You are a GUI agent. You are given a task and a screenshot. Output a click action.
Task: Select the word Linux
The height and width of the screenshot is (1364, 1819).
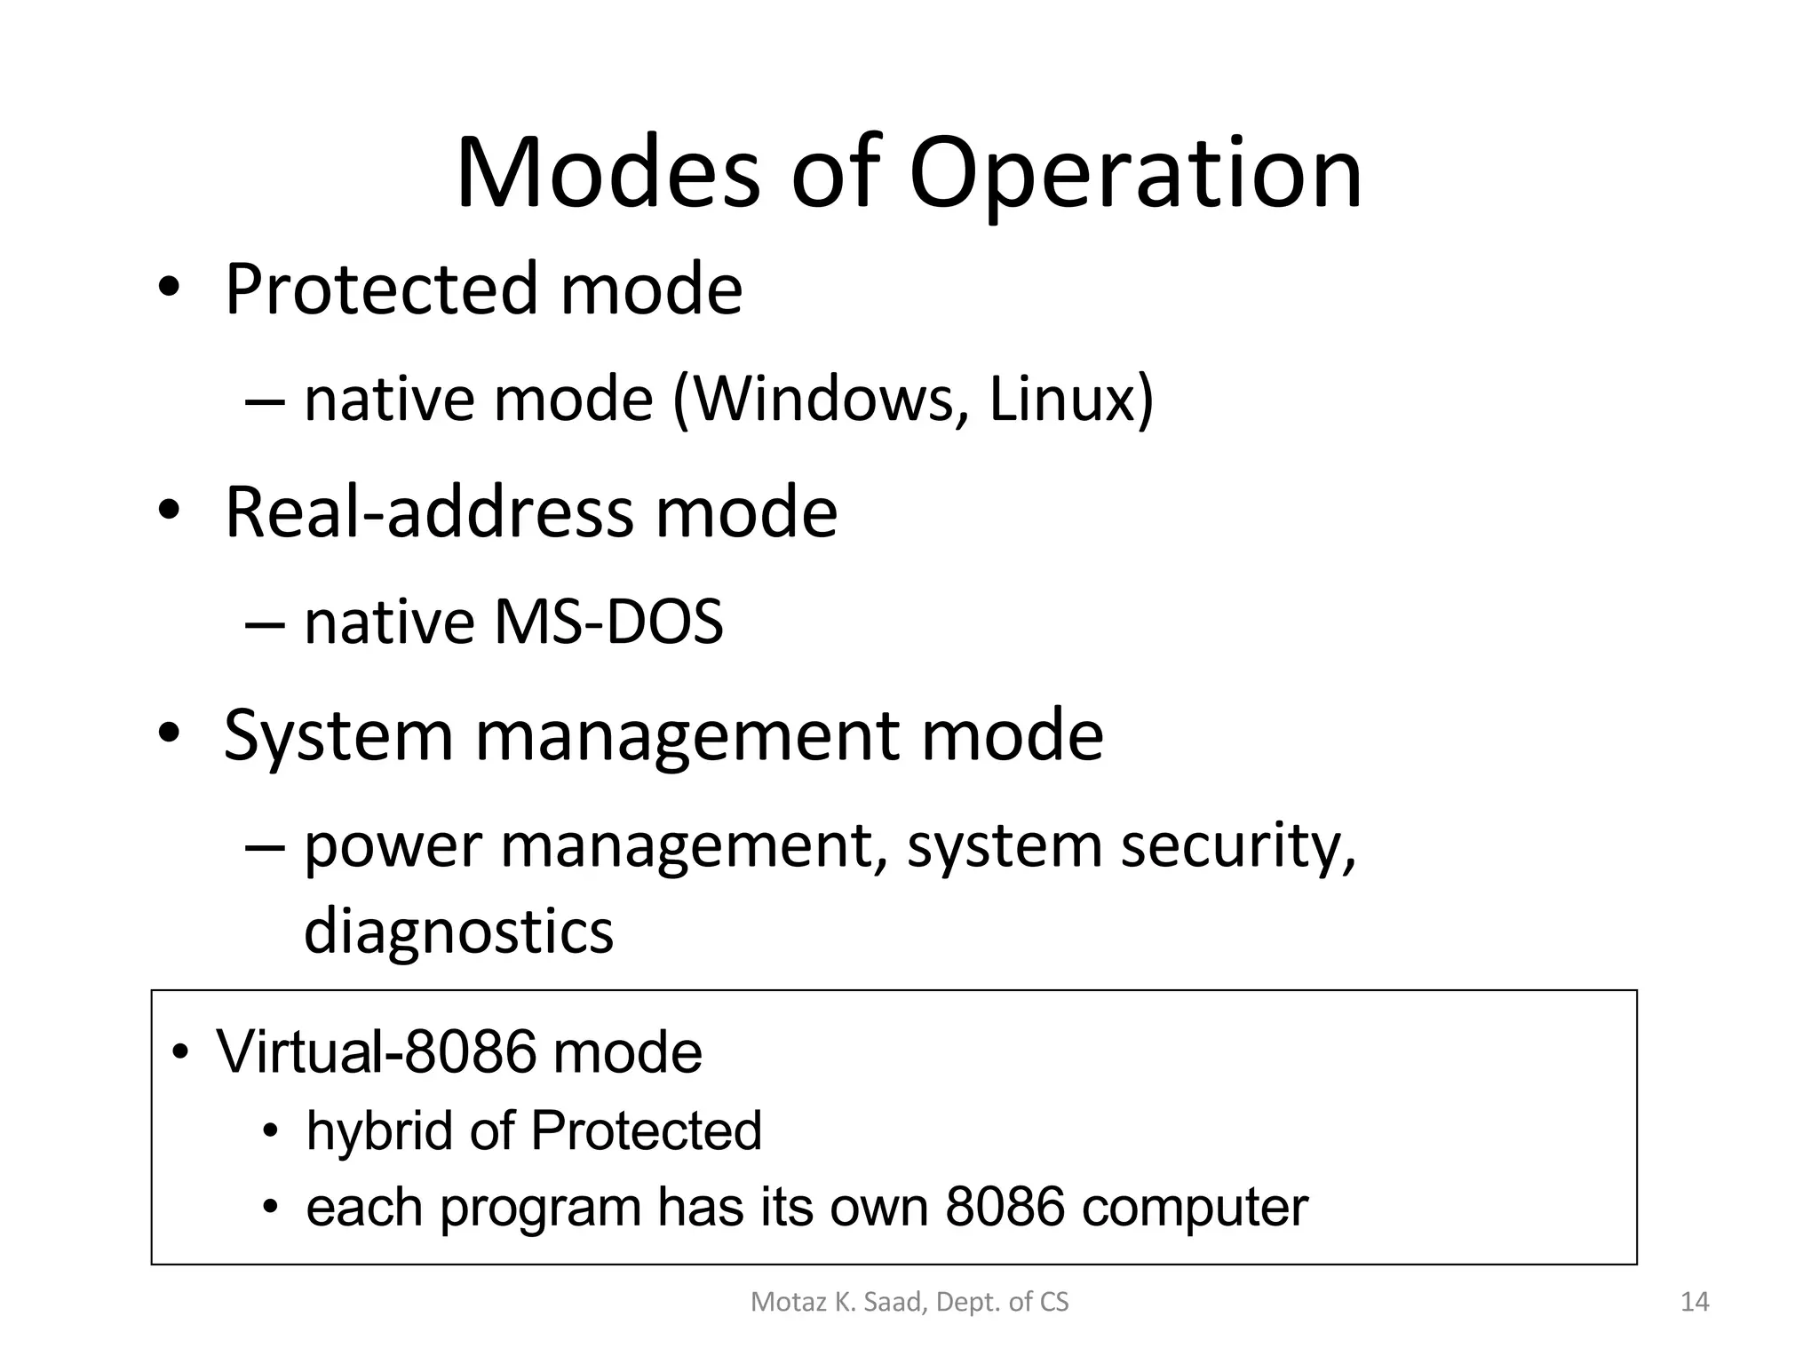tap(1061, 400)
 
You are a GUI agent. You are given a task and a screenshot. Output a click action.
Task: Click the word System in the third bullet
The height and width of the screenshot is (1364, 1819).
tap(338, 736)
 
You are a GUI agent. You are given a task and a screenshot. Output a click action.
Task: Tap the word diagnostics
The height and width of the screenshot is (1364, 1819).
tap(458, 932)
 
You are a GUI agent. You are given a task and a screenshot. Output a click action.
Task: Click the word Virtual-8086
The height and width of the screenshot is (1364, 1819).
tap(377, 1052)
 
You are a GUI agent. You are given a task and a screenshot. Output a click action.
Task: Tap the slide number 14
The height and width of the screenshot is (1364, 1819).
tap(1695, 1302)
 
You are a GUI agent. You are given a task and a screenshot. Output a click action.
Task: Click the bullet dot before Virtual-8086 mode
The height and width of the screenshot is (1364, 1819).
tap(181, 1054)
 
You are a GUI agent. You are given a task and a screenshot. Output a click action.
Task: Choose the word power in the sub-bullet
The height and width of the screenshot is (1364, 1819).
tap(393, 848)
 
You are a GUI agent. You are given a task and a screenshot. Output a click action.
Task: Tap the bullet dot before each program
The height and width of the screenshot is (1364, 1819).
tap(271, 1208)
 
